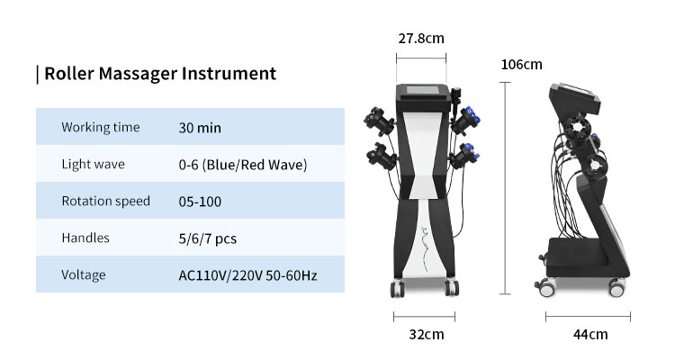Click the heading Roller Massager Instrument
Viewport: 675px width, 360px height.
tap(160, 74)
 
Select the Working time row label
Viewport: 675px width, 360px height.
tap(101, 127)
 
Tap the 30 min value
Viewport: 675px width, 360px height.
tap(200, 128)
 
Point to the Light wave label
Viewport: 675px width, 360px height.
tap(93, 164)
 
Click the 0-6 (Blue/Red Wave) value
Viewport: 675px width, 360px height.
tap(243, 165)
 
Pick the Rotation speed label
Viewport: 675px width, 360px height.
tap(106, 201)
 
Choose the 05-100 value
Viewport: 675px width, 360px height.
tap(200, 202)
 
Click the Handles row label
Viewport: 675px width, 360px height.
tap(85, 238)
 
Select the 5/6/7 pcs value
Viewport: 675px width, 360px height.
tap(208, 239)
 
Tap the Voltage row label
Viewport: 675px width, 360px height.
tap(84, 274)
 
